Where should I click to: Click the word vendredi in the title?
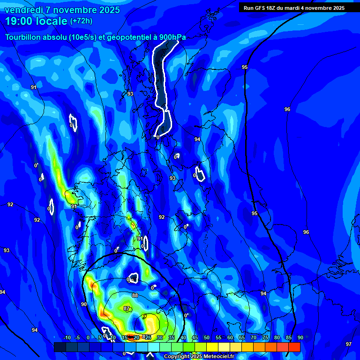click(23, 10)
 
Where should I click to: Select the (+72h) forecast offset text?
click(81, 21)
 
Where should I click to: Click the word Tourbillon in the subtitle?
click(23, 37)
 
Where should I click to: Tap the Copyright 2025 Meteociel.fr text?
click(199, 357)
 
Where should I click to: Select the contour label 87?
click(127, 308)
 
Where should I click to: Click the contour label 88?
click(135, 295)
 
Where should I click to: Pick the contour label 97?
click(348, 344)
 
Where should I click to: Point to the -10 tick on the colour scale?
click(67, 338)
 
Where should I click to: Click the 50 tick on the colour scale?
click(207, 338)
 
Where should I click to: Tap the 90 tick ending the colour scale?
click(300, 338)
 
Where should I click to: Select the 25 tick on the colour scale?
click(148, 338)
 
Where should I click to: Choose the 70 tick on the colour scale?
click(254, 338)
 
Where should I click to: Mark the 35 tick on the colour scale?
click(172, 338)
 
